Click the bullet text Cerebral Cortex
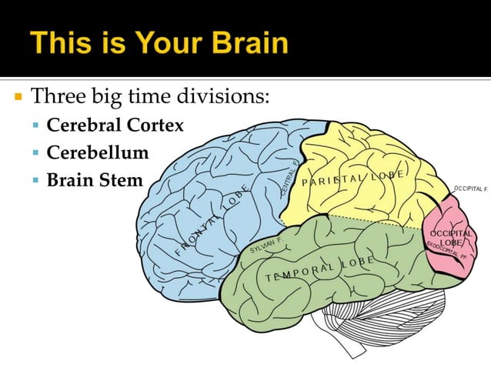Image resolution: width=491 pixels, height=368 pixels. [x=115, y=125]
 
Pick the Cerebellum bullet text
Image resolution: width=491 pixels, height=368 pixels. [x=98, y=152]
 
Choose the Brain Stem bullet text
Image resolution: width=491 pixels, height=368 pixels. [x=95, y=180]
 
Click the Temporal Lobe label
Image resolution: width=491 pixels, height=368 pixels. [x=319, y=269]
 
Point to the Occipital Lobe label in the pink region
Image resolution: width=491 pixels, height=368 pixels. [x=450, y=238]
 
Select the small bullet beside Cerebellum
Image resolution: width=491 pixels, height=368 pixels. [x=37, y=153]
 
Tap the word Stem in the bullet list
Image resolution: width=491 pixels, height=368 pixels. [x=124, y=180]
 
